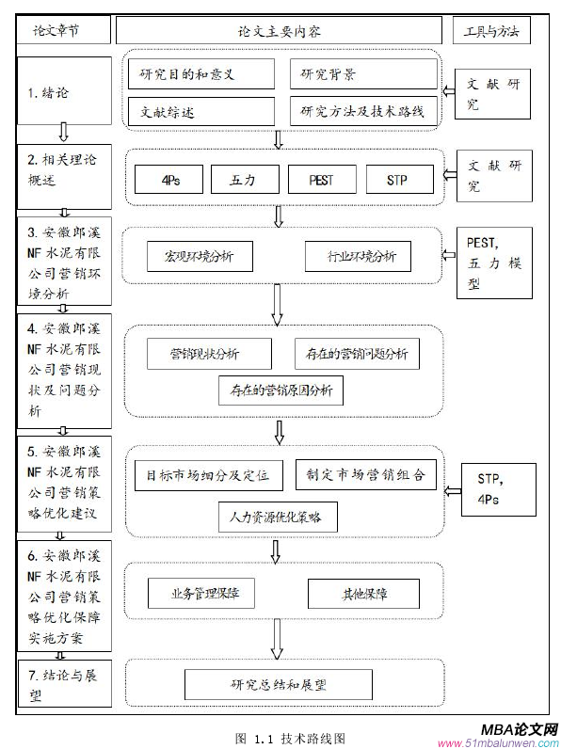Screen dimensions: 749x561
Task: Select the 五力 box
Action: click(x=242, y=180)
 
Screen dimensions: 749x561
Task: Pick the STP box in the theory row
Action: click(x=397, y=180)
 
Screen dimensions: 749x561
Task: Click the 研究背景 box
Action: click(x=362, y=73)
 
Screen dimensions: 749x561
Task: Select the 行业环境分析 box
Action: click(x=357, y=256)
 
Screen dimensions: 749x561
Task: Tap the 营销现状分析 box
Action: click(x=209, y=354)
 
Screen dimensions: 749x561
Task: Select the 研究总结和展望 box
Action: click(x=278, y=684)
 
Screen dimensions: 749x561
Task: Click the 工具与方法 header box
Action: click(x=491, y=31)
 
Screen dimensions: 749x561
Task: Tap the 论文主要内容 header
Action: click(x=280, y=31)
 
